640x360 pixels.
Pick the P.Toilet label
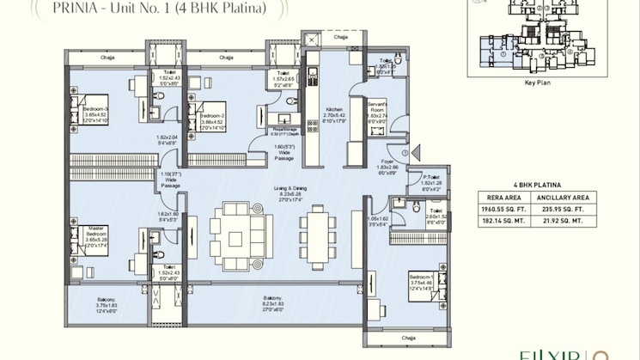431,177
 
